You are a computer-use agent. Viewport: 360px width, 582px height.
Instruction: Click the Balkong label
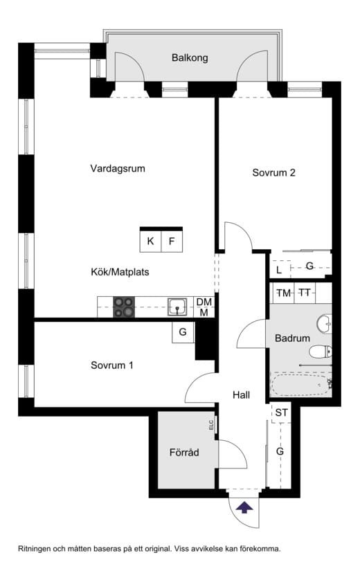190,58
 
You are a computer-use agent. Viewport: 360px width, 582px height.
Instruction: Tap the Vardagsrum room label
118,169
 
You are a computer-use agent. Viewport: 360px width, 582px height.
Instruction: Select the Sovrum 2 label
274,172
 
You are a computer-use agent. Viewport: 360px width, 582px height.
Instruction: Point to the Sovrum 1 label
112,365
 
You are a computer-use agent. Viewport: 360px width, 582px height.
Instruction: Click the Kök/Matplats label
120,272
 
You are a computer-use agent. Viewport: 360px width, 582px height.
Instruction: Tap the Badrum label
292,338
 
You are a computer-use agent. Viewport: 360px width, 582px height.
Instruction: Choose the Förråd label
184,453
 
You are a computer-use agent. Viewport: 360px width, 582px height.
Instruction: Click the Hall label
241,395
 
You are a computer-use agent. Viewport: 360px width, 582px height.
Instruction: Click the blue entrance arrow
244,507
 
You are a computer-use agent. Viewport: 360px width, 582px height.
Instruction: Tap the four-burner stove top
124,307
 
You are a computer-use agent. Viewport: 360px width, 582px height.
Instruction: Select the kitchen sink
177,307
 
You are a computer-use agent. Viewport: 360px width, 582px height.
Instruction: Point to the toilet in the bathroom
321,352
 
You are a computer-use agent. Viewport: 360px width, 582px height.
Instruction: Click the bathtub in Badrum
301,385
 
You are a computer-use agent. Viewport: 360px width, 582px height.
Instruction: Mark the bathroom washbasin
325,324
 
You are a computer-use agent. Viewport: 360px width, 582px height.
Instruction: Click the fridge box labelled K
150,242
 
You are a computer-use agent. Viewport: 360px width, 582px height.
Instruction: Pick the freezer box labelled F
172,242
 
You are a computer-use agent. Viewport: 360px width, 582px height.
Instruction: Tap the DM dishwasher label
204,302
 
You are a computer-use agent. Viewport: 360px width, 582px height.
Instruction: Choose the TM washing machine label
284,293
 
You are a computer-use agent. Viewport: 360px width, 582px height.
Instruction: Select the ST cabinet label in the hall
281,412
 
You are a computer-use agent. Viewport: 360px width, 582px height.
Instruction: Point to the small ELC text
211,425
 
